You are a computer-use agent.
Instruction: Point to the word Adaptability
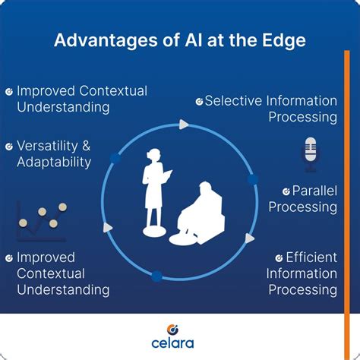(x=53, y=162)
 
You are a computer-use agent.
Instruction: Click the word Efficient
(x=311, y=257)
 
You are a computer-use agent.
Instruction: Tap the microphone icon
(x=310, y=150)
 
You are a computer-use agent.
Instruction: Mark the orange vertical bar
(x=347, y=190)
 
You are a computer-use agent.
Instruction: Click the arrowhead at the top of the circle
(x=182, y=124)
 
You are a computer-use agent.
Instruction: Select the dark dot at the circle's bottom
(x=157, y=276)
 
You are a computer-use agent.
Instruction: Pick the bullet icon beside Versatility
(x=9, y=146)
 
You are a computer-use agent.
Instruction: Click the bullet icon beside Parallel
(x=286, y=191)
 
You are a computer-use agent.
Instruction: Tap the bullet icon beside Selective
(x=199, y=101)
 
